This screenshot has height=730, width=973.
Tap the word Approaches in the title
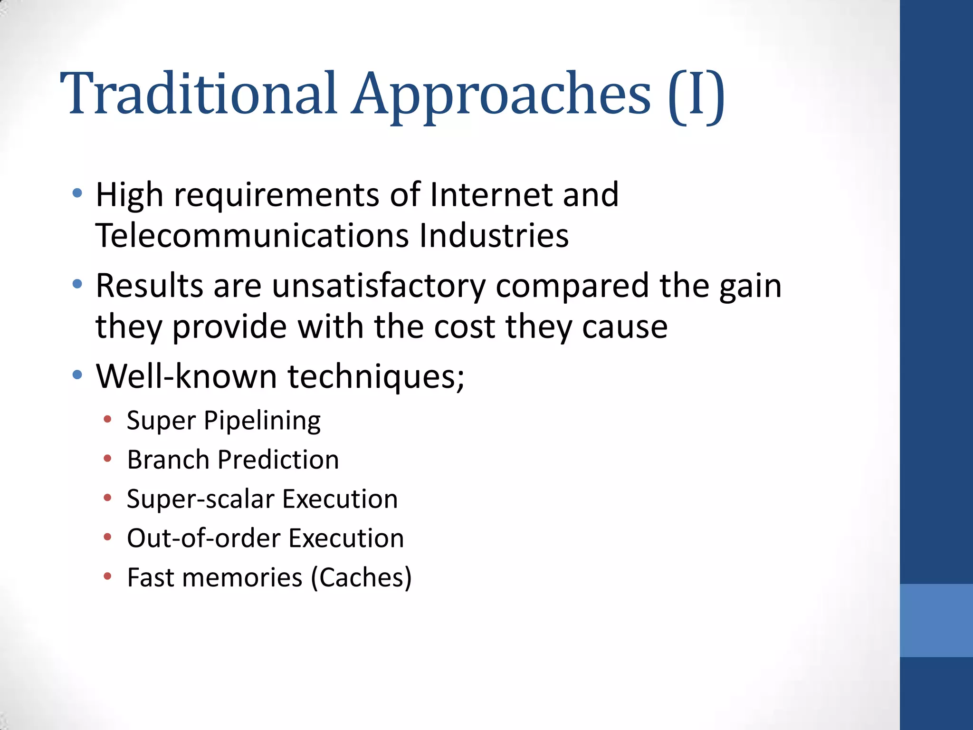click(501, 95)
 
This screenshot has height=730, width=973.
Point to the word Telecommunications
click(252, 236)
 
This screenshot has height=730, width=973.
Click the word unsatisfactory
click(379, 286)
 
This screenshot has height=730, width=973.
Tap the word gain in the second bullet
click(750, 286)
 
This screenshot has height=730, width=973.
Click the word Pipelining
click(262, 421)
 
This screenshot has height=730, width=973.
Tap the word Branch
click(168, 460)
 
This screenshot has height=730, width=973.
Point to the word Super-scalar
click(200, 499)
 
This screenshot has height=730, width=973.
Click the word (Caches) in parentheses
click(361, 578)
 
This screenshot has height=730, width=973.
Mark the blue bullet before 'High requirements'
click(77, 193)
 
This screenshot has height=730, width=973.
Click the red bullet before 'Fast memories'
click(108, 577)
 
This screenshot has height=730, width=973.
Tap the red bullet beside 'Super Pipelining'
click(108, 419)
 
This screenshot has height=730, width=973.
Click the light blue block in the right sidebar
click(936, 620)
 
